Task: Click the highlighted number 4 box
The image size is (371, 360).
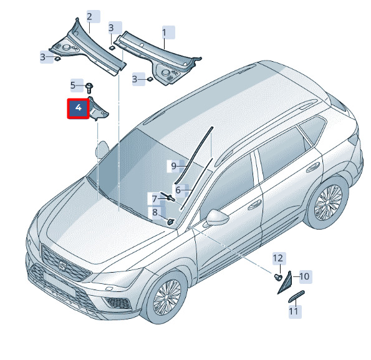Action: coord(79,108)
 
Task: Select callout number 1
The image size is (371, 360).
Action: coord(164,32)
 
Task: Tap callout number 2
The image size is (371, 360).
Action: coord(89,17)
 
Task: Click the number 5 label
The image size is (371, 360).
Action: coord(73,85)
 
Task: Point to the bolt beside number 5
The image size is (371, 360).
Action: coord(89,88)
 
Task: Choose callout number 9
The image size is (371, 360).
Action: coord(174,166)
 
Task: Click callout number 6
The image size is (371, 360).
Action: coord(178,190)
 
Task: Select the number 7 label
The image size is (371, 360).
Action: coord(155,199)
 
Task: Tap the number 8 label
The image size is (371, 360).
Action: coord(155,212)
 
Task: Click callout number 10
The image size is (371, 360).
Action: coord(304,276)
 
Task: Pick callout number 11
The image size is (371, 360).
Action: coord(294,311)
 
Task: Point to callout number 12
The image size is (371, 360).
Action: coord(278,258)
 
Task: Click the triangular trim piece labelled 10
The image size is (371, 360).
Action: coord(286,284)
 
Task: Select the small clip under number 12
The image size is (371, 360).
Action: coord(278,276)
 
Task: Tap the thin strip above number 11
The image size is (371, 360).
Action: coord(296,296)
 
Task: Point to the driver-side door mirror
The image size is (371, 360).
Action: coord(217,217)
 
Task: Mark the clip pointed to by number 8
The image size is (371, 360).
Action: coord(171,221)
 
